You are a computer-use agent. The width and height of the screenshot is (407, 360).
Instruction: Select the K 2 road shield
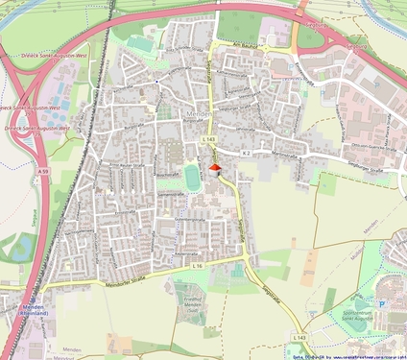246,152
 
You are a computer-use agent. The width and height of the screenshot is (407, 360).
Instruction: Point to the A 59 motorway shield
43,171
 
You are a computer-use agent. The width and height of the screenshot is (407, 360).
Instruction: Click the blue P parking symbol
382,303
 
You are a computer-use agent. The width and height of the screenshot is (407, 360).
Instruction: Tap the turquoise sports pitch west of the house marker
193,177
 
